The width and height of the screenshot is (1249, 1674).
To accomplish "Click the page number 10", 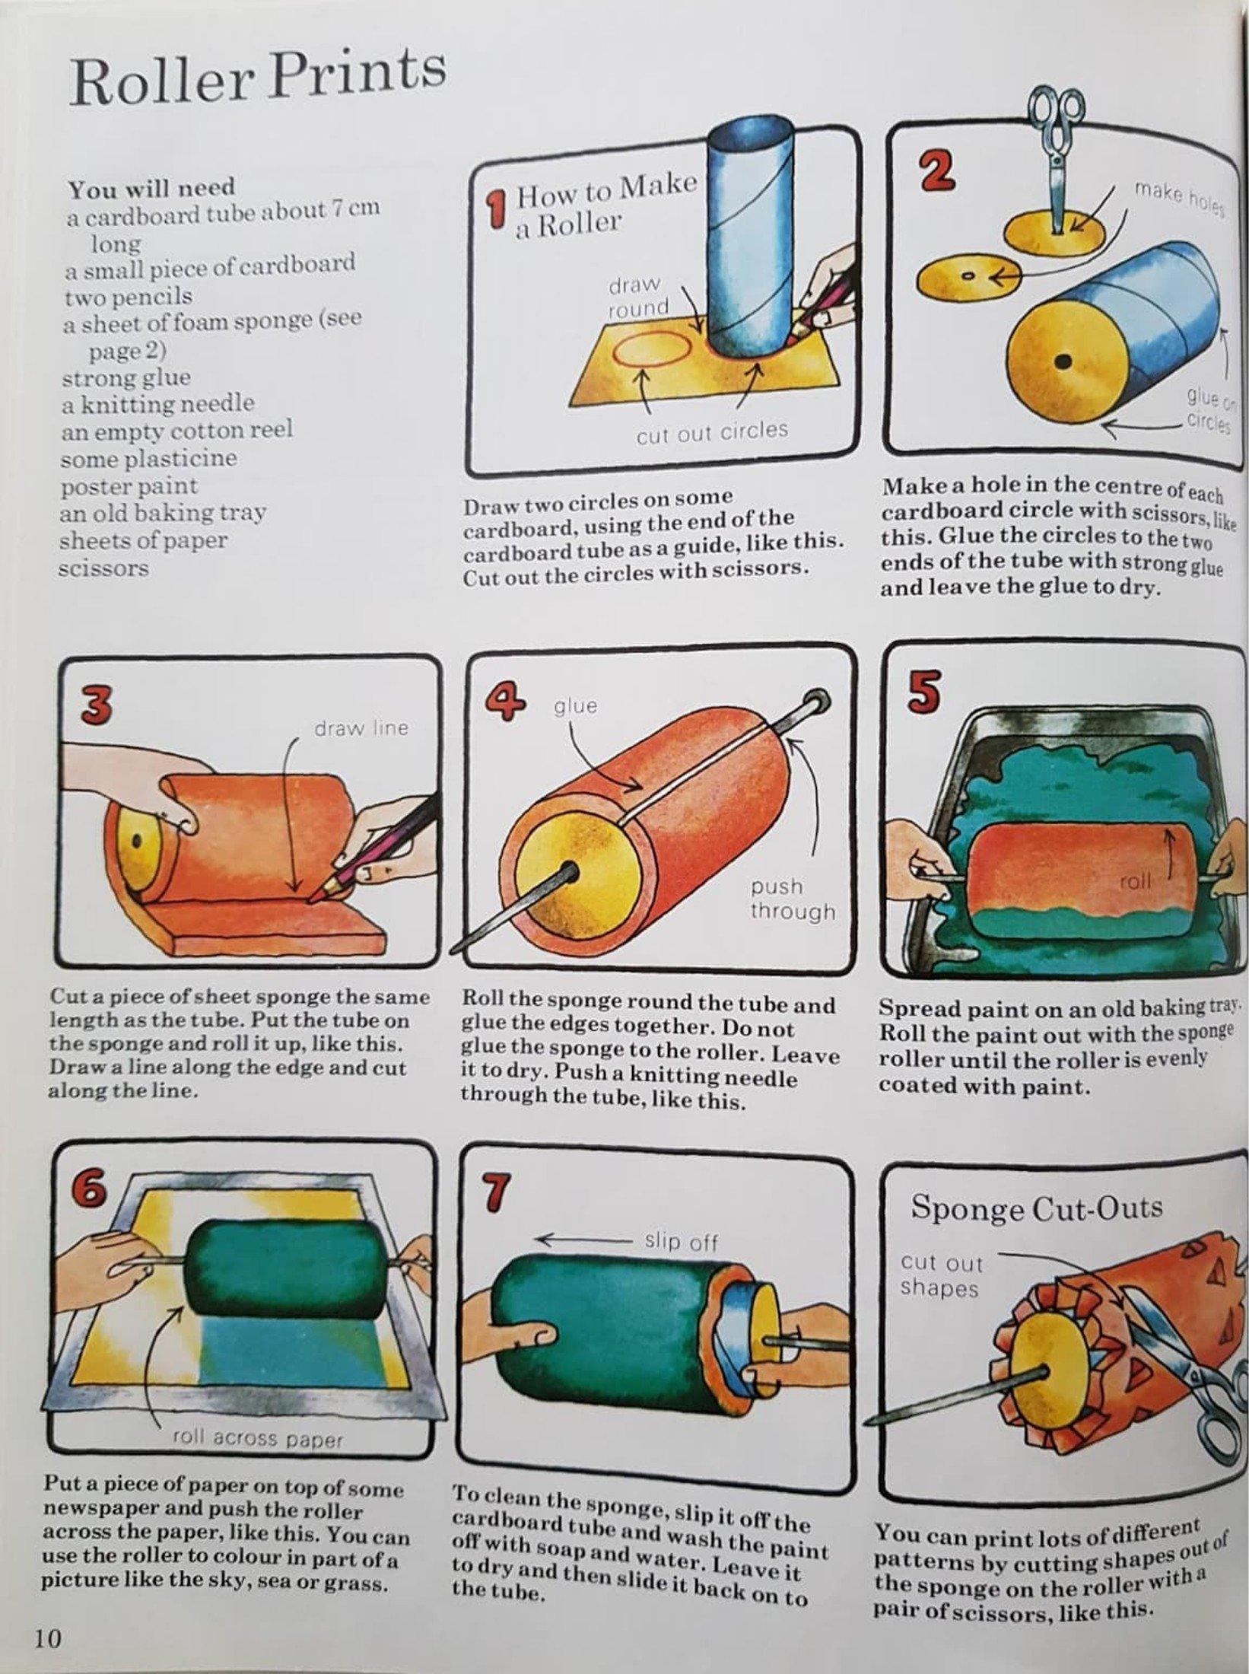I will point(47,1634).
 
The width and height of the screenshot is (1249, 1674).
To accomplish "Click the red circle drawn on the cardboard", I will point(651,348).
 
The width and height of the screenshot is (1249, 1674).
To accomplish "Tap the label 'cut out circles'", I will point(711,432).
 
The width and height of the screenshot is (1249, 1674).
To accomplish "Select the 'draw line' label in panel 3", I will point(361,727).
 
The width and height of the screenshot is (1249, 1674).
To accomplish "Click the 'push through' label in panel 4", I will point(792,899).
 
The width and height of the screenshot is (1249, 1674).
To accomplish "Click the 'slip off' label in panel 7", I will point(681,1242).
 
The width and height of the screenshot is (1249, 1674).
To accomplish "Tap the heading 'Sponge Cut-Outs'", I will point(1036,1208).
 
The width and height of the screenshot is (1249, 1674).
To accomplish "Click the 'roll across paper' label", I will point(258,1438).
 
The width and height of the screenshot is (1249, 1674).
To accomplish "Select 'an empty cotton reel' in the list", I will point(176,431).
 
